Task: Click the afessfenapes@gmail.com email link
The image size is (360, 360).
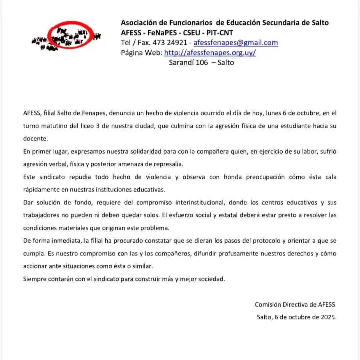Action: pos(236,43)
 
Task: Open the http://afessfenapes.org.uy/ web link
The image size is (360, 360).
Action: pos(210,53)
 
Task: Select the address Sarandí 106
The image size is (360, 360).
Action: pos(188,62)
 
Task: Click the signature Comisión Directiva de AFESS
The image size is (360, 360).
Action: pos(295,304)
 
